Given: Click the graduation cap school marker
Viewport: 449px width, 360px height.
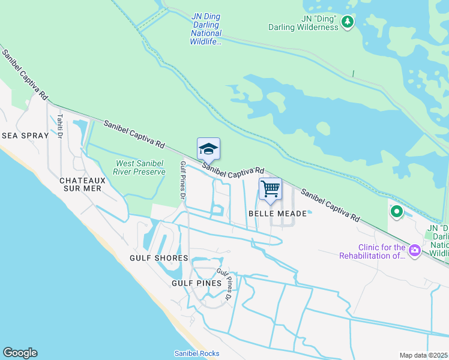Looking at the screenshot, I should [x=208, y=148].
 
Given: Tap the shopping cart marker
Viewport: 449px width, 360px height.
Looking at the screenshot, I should [x=270, y=188].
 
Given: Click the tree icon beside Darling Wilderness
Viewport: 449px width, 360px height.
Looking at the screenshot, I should [x=347, y=22].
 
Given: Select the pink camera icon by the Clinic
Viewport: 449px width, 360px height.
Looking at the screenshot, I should [x=414, y=250].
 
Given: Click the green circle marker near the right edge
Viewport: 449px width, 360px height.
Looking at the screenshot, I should [x=396, y=211].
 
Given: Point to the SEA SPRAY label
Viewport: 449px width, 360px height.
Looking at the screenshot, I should [x=25, y=136].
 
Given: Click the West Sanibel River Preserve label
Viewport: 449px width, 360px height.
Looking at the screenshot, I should [x=140, y=167].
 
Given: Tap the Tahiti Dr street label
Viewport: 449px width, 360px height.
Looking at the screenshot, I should [x=60, y=126].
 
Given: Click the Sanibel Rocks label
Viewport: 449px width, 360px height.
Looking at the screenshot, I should [x=196, y=353].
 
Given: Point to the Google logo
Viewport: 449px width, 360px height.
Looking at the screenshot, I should [x=20, y=353].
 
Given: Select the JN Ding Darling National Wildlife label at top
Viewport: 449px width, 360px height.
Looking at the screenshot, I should [x=206, y=29].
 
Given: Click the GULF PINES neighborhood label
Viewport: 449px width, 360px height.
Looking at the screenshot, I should [x=196, y=283].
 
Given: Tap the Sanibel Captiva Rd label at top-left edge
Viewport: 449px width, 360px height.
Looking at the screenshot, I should [x=25, y=74].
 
